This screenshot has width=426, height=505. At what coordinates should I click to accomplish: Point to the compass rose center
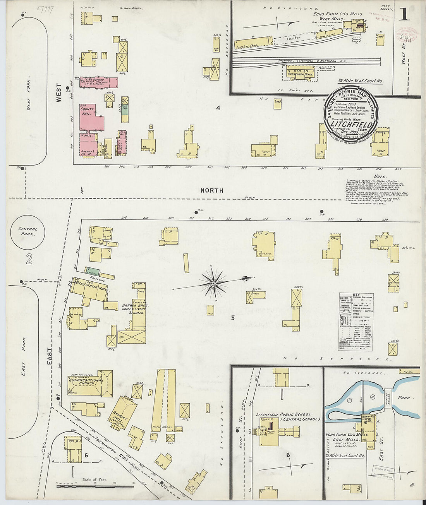(213, 284)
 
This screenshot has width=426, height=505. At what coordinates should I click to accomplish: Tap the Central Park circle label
(27, 231)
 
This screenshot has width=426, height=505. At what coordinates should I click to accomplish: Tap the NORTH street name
(212, 190)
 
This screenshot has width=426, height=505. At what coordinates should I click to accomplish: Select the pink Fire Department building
(99, 82)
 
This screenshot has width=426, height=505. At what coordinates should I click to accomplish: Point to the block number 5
(233, 318)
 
